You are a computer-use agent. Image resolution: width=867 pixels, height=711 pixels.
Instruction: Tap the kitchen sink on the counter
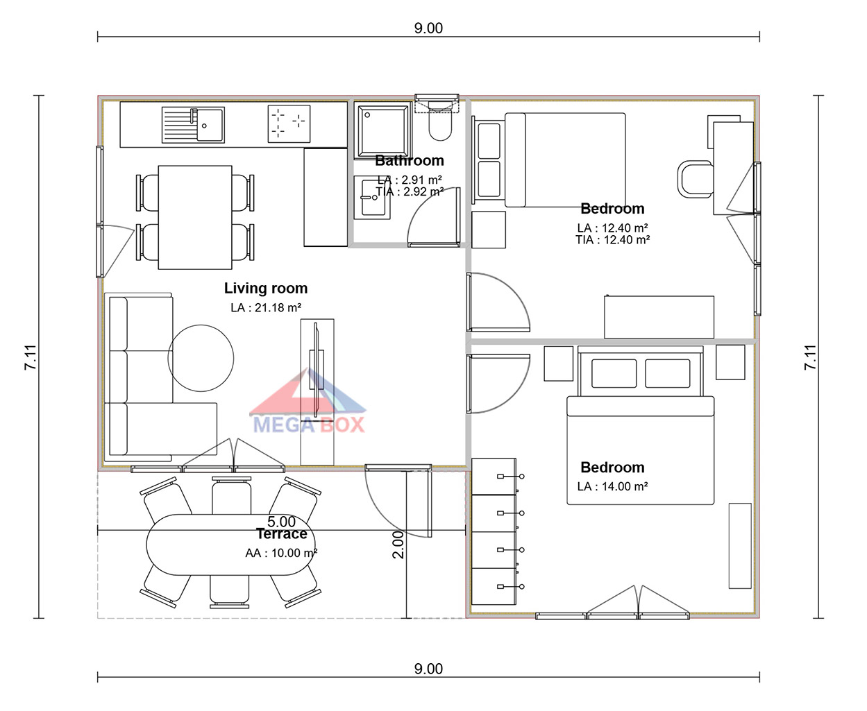[193, 125]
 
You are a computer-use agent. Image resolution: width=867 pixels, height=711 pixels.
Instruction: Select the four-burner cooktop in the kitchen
[289, 123]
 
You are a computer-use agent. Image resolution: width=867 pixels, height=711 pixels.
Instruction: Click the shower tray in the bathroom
[382, 130]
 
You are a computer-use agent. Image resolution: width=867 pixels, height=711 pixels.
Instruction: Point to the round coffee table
[201, 358]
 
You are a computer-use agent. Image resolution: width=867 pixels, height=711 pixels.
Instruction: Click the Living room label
[266, 289]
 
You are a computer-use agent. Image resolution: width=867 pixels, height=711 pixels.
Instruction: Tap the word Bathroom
[410, 161]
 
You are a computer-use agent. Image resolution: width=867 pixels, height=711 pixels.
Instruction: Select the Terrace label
[282, 534]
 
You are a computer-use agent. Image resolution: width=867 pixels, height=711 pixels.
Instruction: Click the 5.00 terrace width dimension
[281, 522]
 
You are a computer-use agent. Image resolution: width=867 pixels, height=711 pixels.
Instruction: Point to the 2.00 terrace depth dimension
[398, 545]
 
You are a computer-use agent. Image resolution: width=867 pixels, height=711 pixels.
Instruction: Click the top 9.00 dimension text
[428, 28]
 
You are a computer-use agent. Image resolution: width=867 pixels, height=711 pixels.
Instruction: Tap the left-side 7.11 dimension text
[31, 357]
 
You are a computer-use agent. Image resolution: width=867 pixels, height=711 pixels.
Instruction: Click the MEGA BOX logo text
[309, 425]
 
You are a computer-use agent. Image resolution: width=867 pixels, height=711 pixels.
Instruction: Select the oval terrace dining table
[230, 545]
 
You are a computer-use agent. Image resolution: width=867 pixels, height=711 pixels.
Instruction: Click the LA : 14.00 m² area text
[612, 486]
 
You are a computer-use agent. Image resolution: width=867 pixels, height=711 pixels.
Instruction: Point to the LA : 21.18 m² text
[266, 308]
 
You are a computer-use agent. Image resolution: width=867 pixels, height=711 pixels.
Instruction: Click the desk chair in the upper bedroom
[695, 179]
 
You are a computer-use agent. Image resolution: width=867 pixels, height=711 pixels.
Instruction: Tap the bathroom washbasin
[371, 198]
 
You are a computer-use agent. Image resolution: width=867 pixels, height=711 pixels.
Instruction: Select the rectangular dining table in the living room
[195, 217]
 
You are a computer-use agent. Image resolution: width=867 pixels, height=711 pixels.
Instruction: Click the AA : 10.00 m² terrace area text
[281, 554]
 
